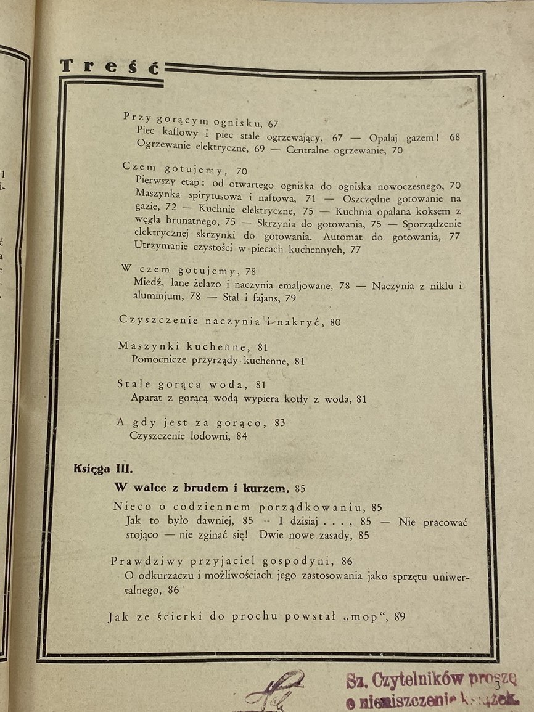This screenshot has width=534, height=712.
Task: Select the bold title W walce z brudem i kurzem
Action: coord(202,488)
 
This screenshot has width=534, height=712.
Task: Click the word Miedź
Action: coord(146,285)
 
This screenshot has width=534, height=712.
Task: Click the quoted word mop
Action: coord(366,616)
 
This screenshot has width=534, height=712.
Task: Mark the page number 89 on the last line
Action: coord(400,616)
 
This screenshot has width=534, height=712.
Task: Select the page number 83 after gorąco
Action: coord(279,423)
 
